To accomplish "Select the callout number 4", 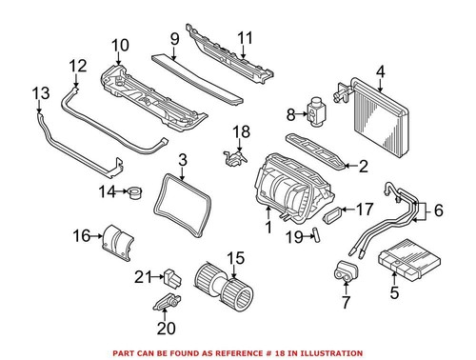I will click(x=380, y=70).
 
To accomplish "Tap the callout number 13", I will click(x=39, y=93).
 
